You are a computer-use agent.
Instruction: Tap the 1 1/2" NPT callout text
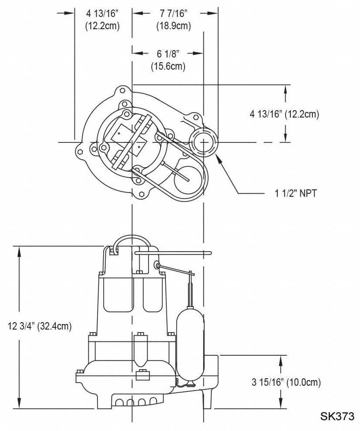[x=292, y=193]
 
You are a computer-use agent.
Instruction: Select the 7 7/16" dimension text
[x=174, y=13]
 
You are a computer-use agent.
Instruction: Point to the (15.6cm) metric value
[x=168, y=67]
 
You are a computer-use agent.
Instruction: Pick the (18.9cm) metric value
[x=174, y=26]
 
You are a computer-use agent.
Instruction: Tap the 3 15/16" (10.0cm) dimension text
[x=286, y=382]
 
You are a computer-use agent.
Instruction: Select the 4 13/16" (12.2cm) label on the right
[x=284, y=114]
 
